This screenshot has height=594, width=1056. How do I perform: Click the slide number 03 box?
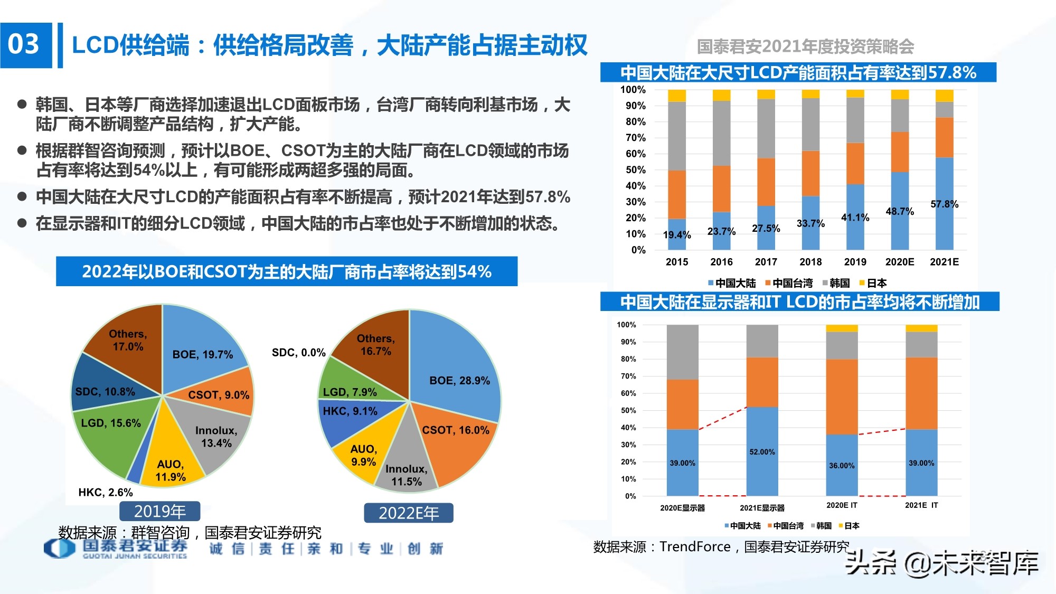25,45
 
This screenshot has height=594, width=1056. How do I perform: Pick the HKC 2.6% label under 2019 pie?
106,493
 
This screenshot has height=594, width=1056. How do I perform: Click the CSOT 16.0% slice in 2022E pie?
455,438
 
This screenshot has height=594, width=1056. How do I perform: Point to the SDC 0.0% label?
298,353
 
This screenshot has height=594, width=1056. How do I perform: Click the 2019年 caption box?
159,511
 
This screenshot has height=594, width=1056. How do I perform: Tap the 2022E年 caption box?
409,513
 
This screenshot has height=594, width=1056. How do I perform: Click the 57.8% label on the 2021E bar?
944,204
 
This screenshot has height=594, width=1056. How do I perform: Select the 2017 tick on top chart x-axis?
766,262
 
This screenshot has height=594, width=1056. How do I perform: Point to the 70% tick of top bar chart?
635,138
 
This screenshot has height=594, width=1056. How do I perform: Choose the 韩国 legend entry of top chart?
836,283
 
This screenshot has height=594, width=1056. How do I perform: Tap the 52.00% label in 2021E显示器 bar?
762,452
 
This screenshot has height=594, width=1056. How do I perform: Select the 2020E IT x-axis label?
842,505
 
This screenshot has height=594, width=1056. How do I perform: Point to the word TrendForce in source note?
695,547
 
